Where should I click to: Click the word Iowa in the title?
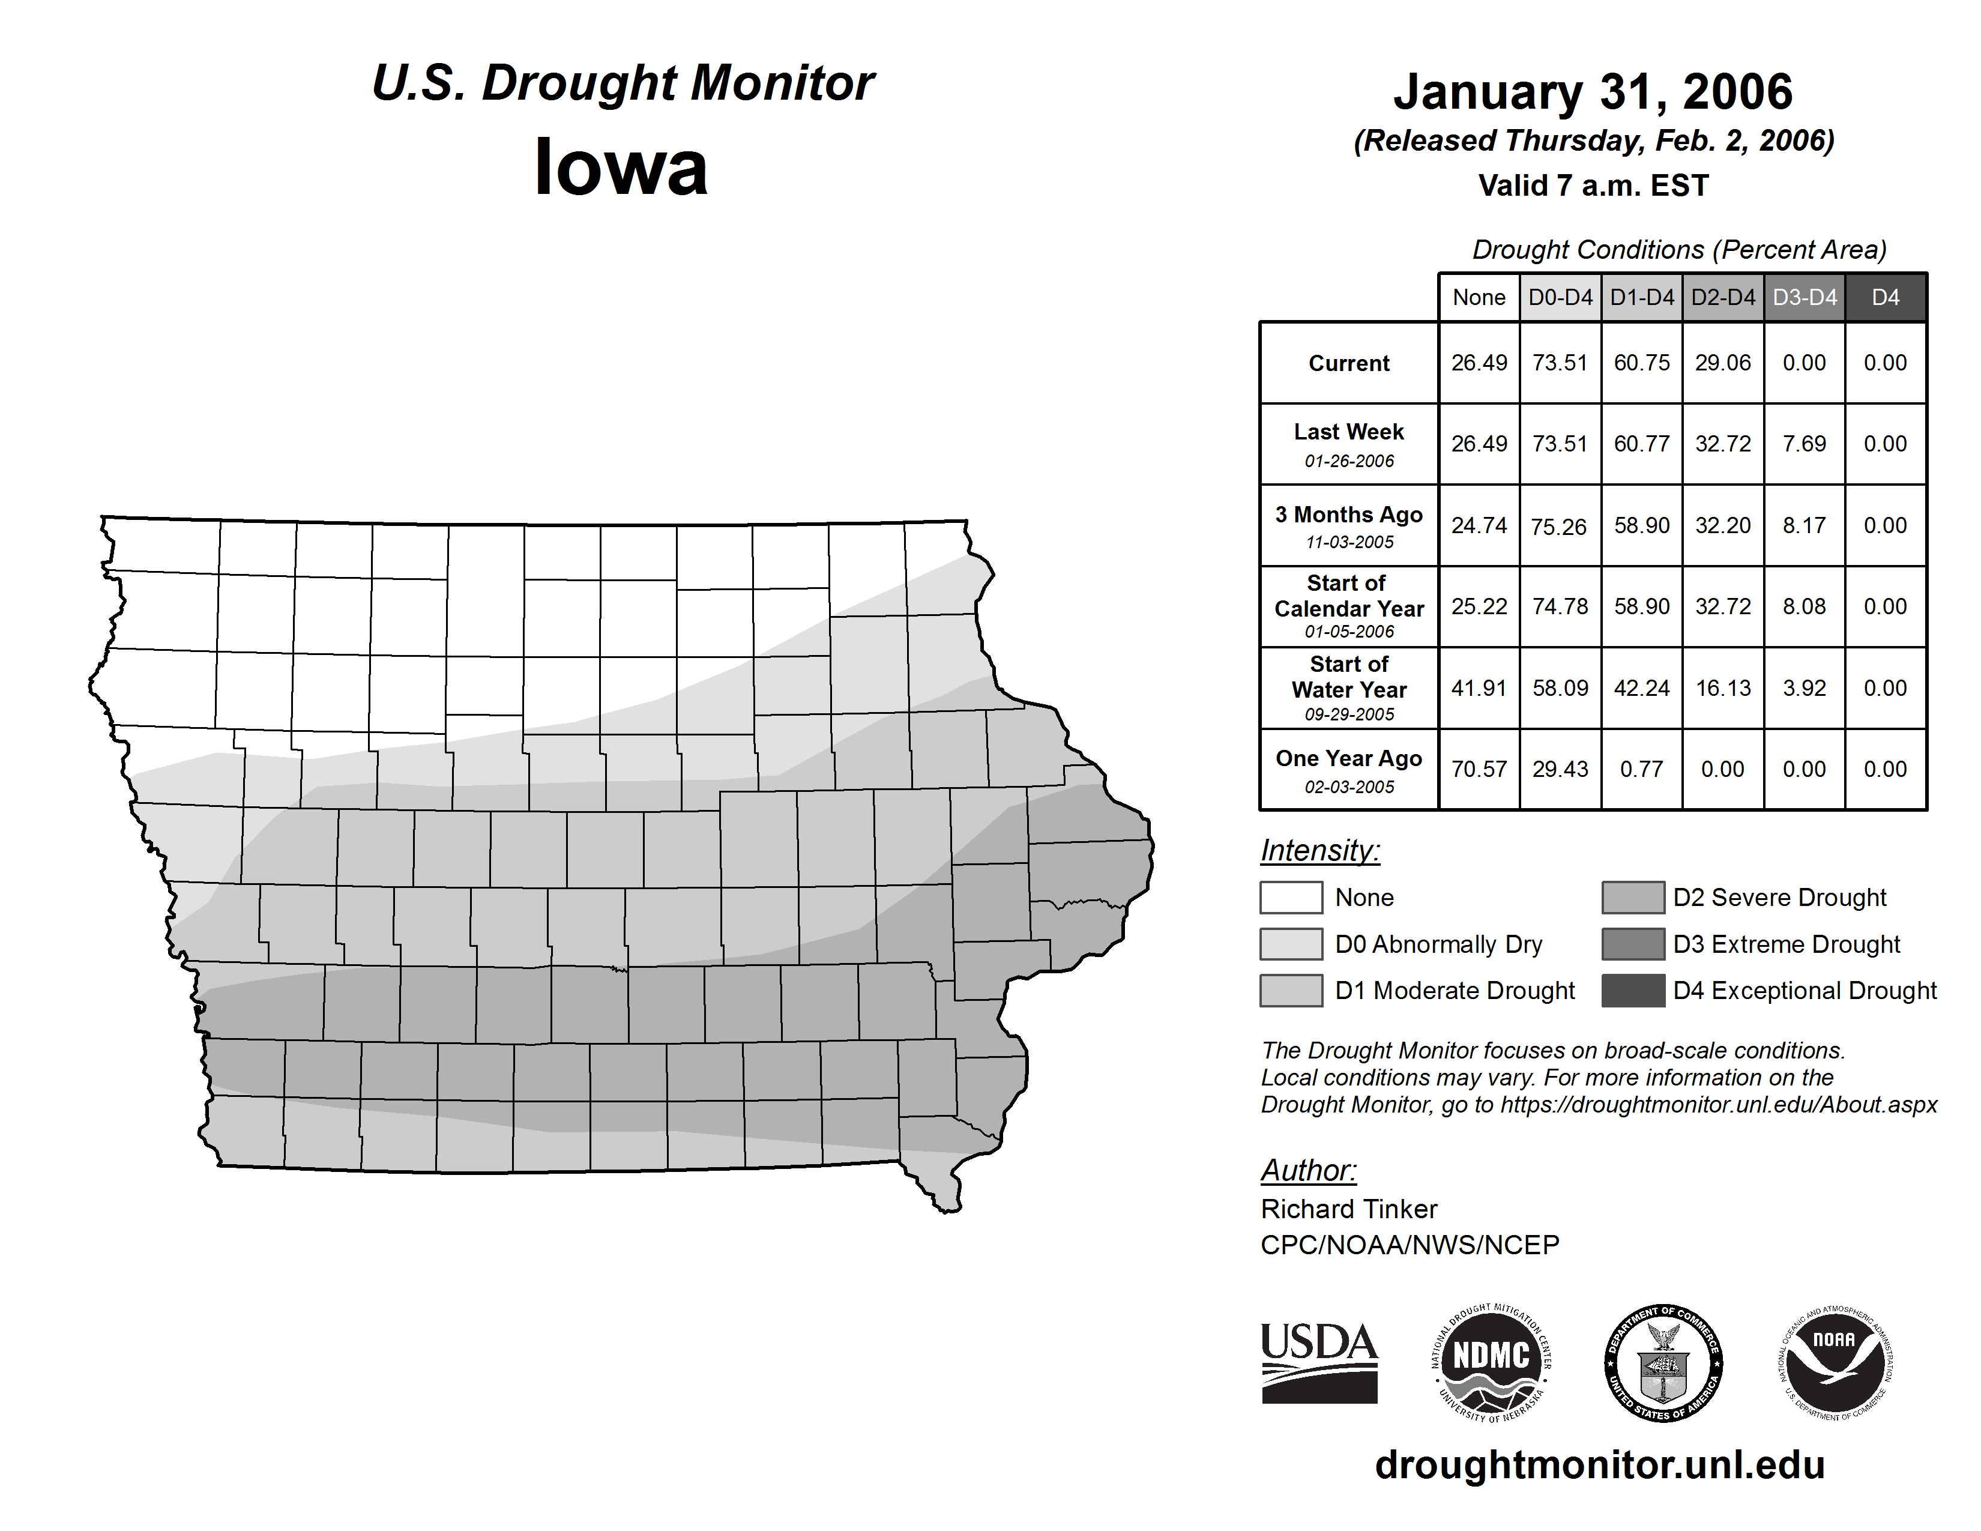click(x=621, y=168)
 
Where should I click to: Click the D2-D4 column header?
click(x=1722, y=297)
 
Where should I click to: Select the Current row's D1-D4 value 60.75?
click(x=1641, y=363)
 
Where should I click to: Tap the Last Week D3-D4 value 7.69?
click(x=1803, y=444)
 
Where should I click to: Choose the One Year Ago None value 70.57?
click(x=1479, y=769)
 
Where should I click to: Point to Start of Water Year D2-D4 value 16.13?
click(x=1722, y=689)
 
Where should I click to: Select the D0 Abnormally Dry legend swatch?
click(x=1291, y=944)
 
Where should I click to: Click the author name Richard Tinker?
click(x=1349, y=1209)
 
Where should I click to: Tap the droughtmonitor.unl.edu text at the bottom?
click(x=1600, y=1466)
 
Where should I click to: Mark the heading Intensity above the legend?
click(x=1319, y=851)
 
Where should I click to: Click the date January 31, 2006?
click(x=1593, y=92)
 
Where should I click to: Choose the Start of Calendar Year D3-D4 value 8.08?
click(x=1803, y=607)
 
